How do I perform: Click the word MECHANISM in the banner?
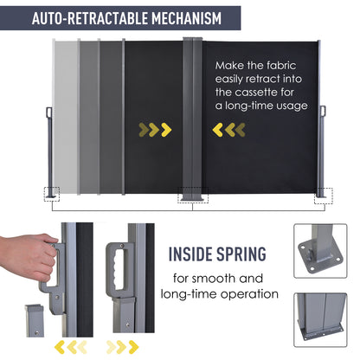click(186, 18)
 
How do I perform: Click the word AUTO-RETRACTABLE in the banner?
click(90, 18)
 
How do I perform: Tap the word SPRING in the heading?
click(241, 254)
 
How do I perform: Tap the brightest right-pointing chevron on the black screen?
click(166, 130)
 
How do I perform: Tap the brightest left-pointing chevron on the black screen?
click(218, 130)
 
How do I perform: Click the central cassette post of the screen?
click(192, 119)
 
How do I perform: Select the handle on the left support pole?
click(48, 112)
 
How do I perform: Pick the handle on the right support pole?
click(323, 111)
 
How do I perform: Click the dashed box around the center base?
click(193, 195)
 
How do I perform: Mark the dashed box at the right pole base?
click(324, 196)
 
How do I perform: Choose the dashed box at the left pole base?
click(52, 194)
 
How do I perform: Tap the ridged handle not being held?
click(118, 270)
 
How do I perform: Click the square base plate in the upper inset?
click(320, 257)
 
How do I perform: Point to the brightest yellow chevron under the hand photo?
click(60, 347)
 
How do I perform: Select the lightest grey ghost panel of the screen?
click(65, 117)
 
